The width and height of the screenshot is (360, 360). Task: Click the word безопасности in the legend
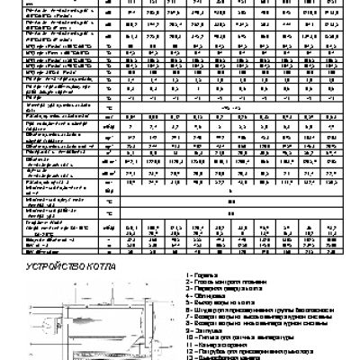[315, 310]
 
